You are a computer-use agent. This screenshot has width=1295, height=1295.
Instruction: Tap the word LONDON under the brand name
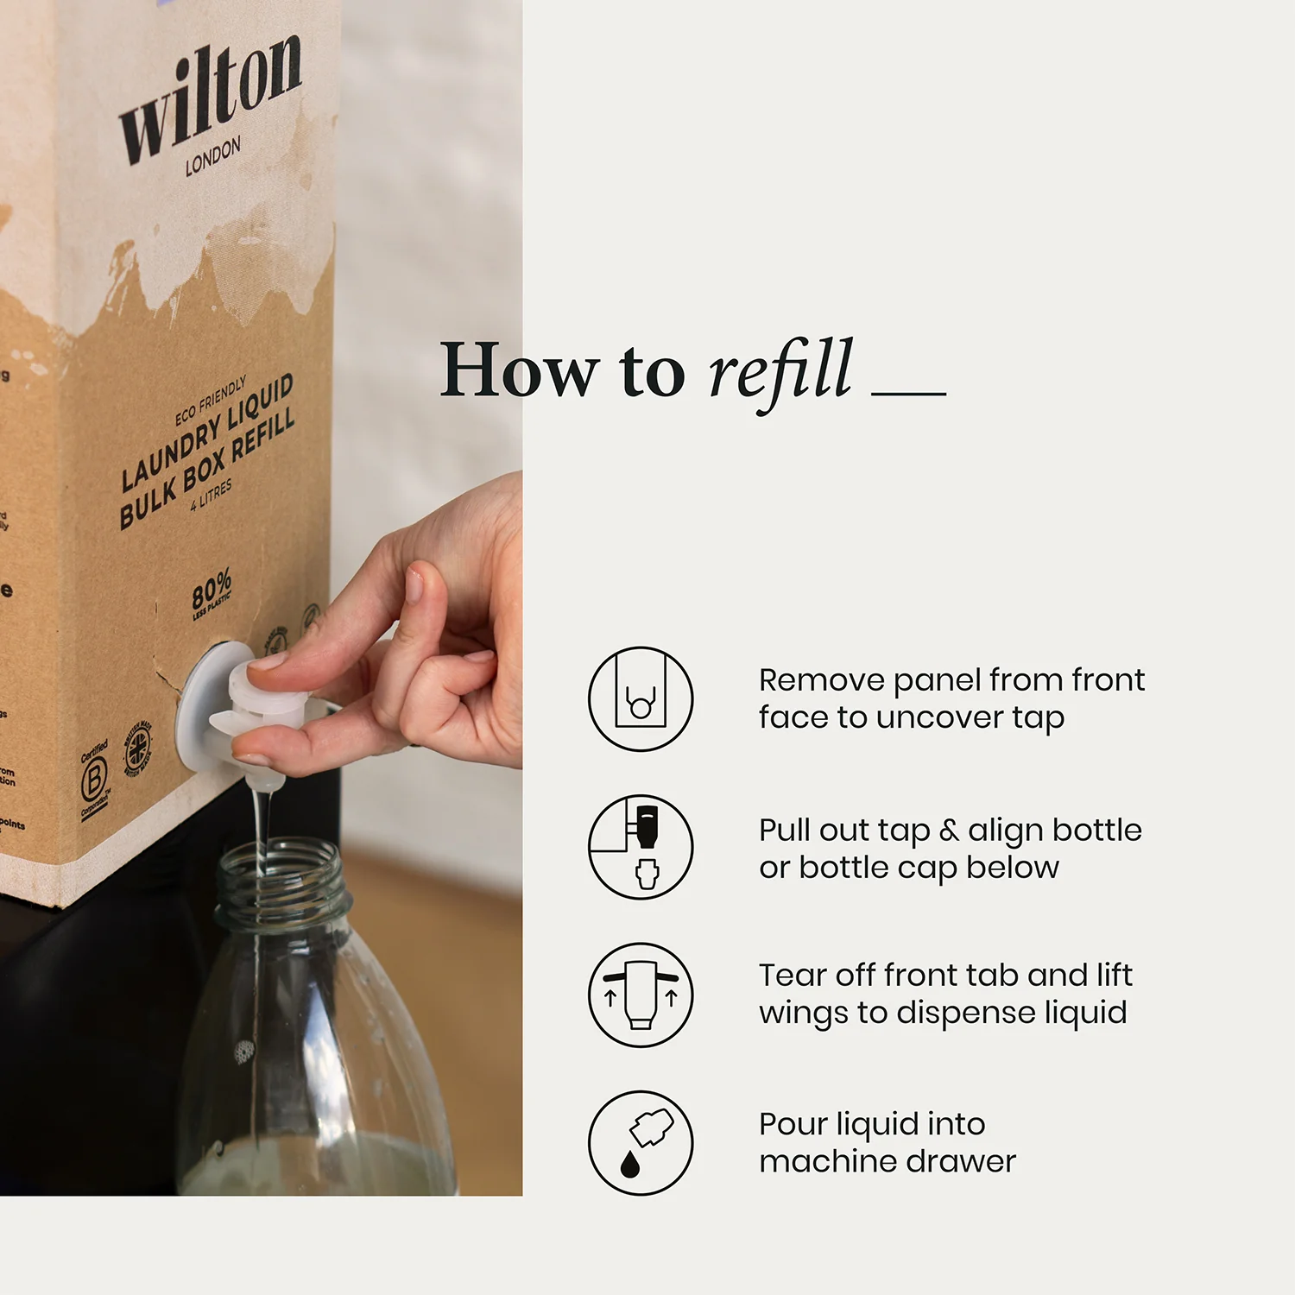[x=212, y=157]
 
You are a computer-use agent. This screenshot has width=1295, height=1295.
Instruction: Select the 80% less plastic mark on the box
[x=212, y=594]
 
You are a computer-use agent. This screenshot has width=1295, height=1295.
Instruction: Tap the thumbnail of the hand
[x=414, y=584]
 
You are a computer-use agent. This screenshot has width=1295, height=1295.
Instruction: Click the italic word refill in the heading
[x=780, y=370]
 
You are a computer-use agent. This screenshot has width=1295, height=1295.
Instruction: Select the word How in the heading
[x=518, y=370]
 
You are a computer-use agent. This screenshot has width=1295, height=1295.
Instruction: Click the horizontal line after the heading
[x=908, y=394]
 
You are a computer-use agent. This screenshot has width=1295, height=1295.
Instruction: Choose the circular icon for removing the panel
[x=641, y=698]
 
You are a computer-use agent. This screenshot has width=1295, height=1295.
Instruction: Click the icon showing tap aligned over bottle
[x=641, y=847]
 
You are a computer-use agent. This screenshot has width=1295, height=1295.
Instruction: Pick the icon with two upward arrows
[x=641, y=995]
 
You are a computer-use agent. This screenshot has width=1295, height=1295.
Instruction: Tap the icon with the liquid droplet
[x=641, y=1143]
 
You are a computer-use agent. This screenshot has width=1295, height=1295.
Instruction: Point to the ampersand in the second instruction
[x=949, y=831]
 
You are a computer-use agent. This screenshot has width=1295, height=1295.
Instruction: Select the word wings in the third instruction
[x=803, y=1014]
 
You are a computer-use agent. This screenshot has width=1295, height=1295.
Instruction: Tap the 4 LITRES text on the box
[x=212, y=495]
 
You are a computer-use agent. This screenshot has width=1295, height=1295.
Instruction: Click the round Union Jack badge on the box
[x=138, y=748]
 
